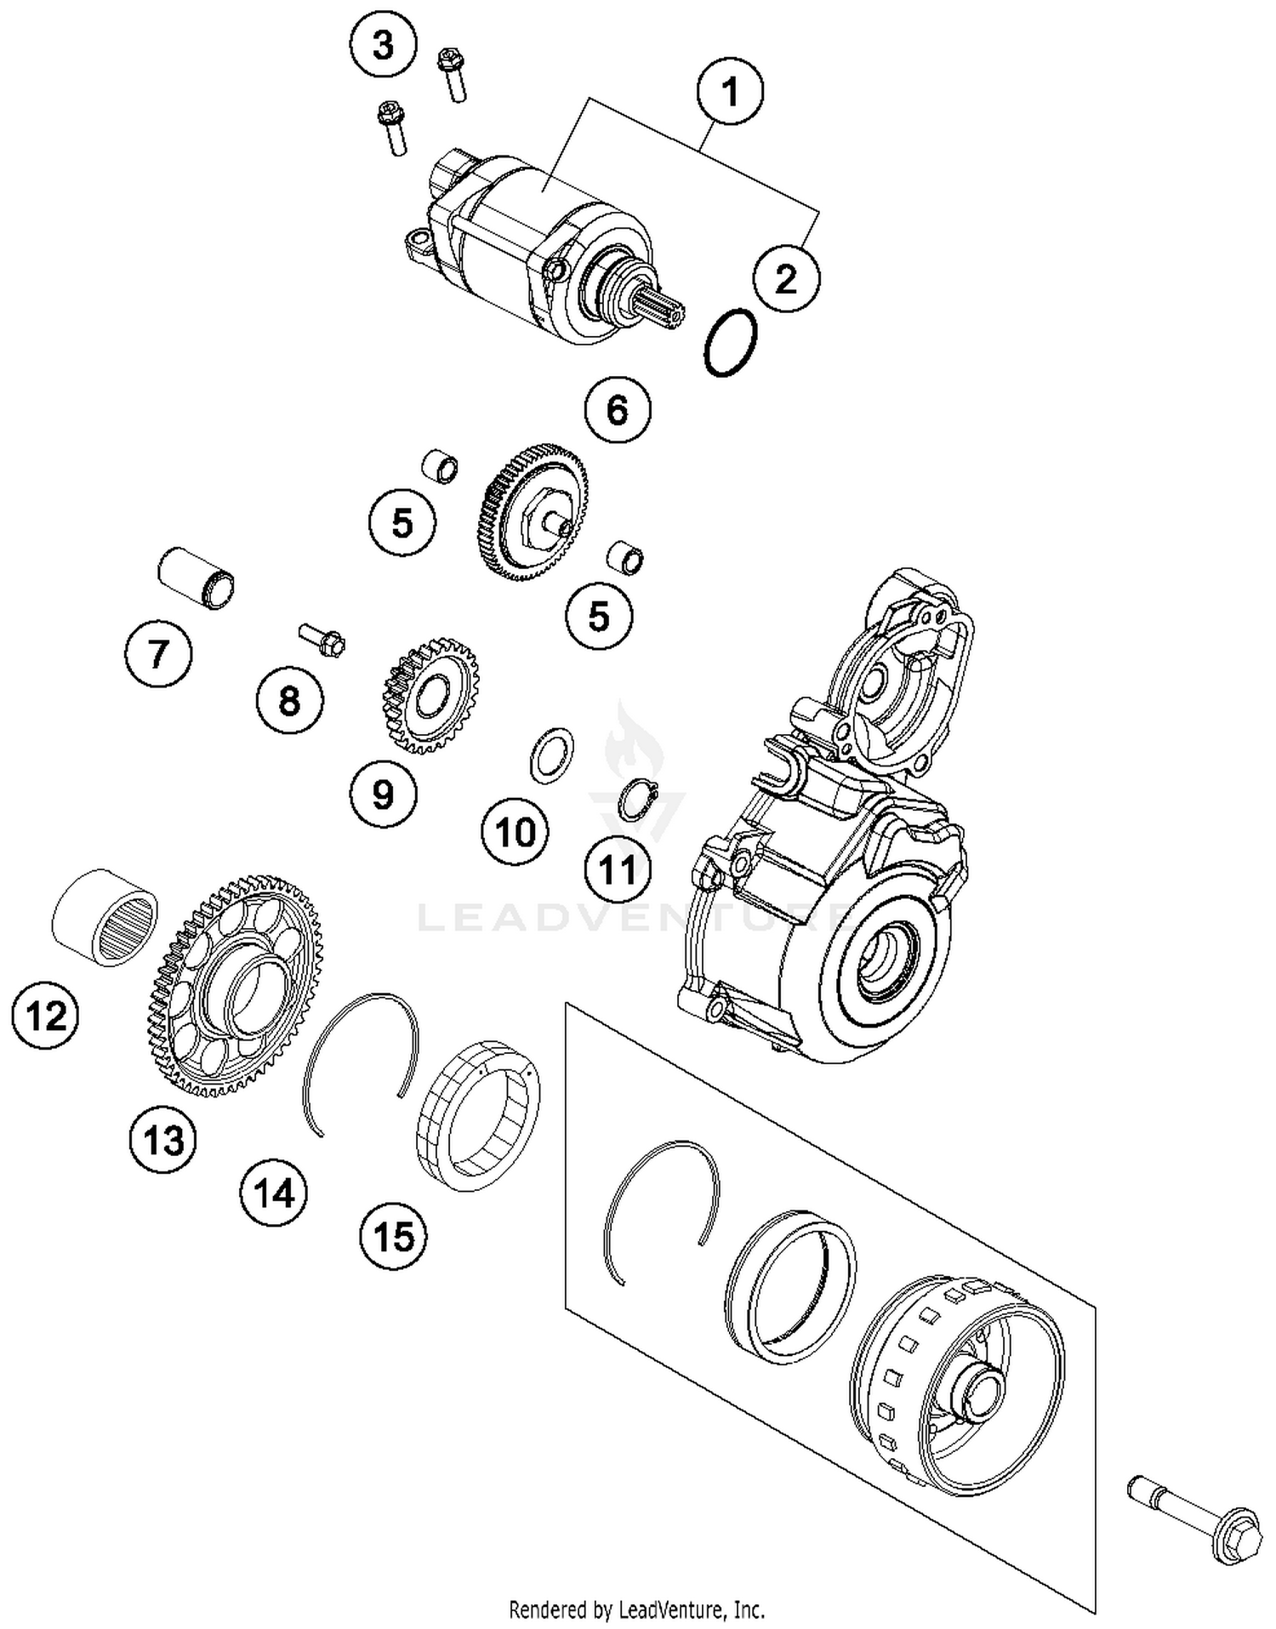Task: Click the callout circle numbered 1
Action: (x=730, y=91)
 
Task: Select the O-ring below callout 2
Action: (x=731, y=343)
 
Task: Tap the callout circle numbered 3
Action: (x=384, y=45)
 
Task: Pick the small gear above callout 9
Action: (x=430, y=695)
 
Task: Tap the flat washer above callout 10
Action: (x=551, y=755)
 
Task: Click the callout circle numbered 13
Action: (x=162, y=1140)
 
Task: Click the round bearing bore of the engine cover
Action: (x=885, y=959)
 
